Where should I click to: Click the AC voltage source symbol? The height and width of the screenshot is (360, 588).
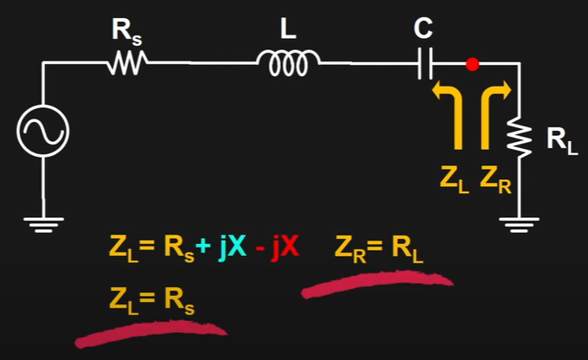[x=42, y=132]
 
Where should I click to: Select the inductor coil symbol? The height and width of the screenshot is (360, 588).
[x=288, y=61]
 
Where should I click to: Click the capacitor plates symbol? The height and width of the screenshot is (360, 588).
[x=424, y=63]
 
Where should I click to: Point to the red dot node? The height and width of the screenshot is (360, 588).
[x=472, y=63]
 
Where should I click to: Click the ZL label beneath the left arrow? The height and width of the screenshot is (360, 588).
[x=451, y=180]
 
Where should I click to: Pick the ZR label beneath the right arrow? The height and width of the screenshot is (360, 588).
[x=495, y=180]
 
